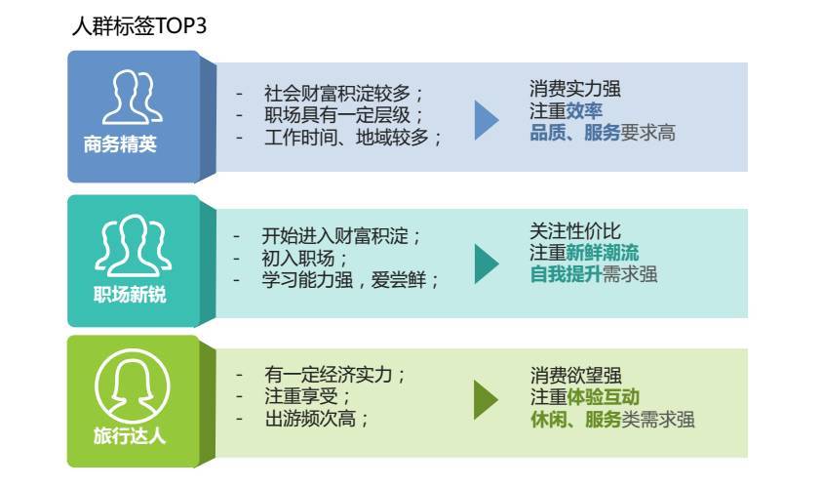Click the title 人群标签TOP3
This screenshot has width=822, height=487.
click(139, 25)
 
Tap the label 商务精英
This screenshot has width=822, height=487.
click(120, 144)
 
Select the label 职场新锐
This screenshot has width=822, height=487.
click(130, 295)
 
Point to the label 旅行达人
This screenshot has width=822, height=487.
click(130, 435)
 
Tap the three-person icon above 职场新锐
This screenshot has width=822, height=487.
click(134, 245)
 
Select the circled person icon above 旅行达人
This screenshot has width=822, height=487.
click(133, 386)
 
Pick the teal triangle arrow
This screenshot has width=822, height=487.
click(487, 264)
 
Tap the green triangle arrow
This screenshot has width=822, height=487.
click(486, 400)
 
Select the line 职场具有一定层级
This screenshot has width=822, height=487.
click(337, 115)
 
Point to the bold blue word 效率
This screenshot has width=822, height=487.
click(584, 111)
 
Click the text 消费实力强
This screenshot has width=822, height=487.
click(575, 89)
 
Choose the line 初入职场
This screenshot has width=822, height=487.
click(297, 259)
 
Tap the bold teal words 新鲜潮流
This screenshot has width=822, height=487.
click(603, 253)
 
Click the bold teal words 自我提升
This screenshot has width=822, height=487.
click(566, 274)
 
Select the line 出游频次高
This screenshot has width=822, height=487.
click(310, 419)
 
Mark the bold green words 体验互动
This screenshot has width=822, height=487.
click(603, 397)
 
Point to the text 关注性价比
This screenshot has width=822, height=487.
click(575, 231)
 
